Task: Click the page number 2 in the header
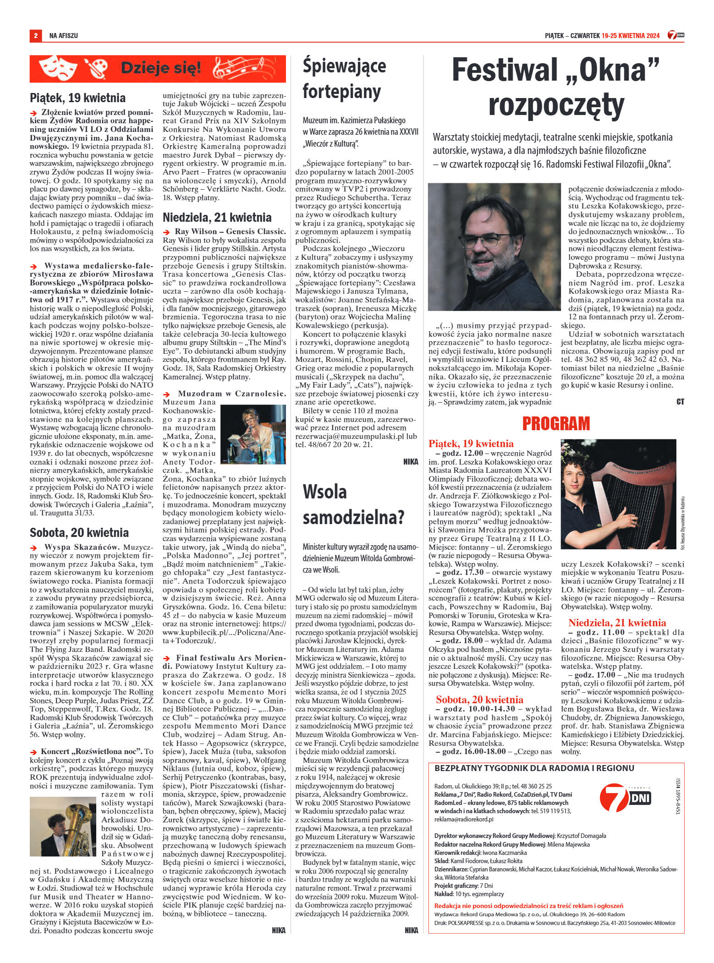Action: [35, 35]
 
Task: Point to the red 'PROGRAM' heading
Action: [556, 423]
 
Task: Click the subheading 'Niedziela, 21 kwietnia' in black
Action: [217, 217]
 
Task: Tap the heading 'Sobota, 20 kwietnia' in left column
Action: [79, 532]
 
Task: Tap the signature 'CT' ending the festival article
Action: [680, 402]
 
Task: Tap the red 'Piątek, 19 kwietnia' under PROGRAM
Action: [471, 443]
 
